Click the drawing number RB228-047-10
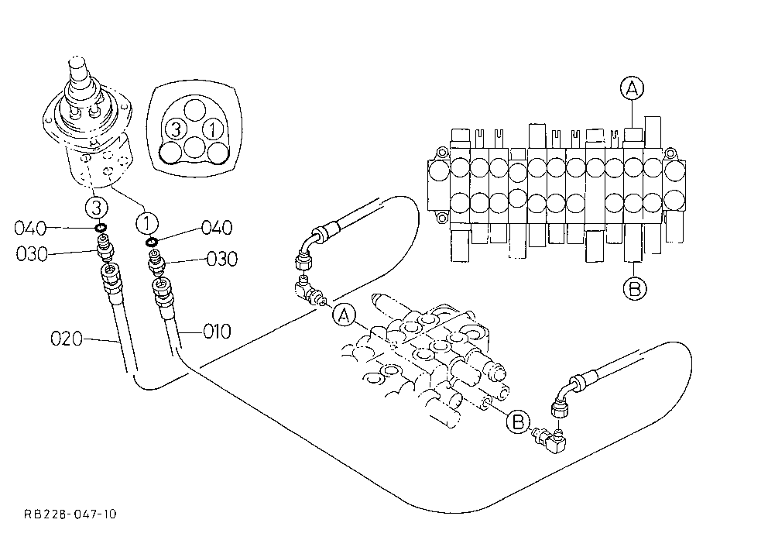[70, 514]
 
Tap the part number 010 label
[217, 332]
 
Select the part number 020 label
[67, 339]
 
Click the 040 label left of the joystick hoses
[30, 228]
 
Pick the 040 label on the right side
[217, 228]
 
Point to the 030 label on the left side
[32, 254]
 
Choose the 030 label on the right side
[222, 259]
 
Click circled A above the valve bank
[632, 88]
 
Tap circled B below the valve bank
[634, 287]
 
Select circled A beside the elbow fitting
[345, 315]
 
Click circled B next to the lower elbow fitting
[518, 422]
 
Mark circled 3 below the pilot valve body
[97, 208]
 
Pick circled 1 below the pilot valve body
[146, 225]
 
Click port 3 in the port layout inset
[175, 130]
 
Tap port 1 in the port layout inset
[213, 130]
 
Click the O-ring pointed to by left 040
[101, 228]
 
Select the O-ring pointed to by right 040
[151, 242]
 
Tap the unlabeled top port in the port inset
[195, 110]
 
